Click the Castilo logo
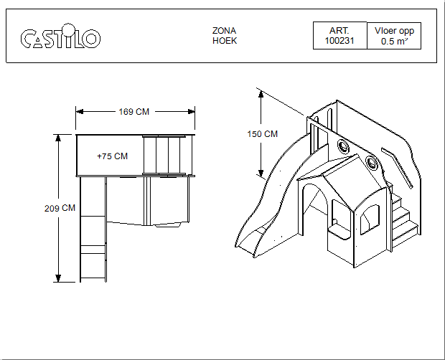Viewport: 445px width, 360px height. [x=60, y=37]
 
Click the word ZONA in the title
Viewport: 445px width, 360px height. [x=224, y=31]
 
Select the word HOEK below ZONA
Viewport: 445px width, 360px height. [x=225, y=41]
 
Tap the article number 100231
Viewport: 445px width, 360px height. [x=339, y=41]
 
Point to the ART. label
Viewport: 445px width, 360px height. [x=339, y=31]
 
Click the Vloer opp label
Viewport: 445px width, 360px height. [x=394, y=31]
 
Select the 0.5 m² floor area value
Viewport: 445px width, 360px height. [x=394, y=42]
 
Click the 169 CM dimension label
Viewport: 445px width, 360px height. [x=134, y=112]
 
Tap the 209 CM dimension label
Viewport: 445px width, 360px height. [x=60, y=209]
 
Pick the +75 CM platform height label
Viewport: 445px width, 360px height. [x=113, y=156]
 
